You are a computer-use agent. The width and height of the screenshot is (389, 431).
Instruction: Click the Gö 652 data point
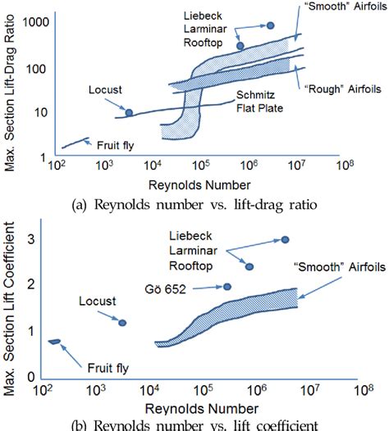[227, 287]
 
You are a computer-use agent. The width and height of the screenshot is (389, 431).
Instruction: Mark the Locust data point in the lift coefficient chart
[122, 323]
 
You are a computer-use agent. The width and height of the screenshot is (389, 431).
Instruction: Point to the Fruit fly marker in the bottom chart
[55, 341]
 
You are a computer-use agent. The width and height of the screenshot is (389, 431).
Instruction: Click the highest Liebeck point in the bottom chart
[285, 239]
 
